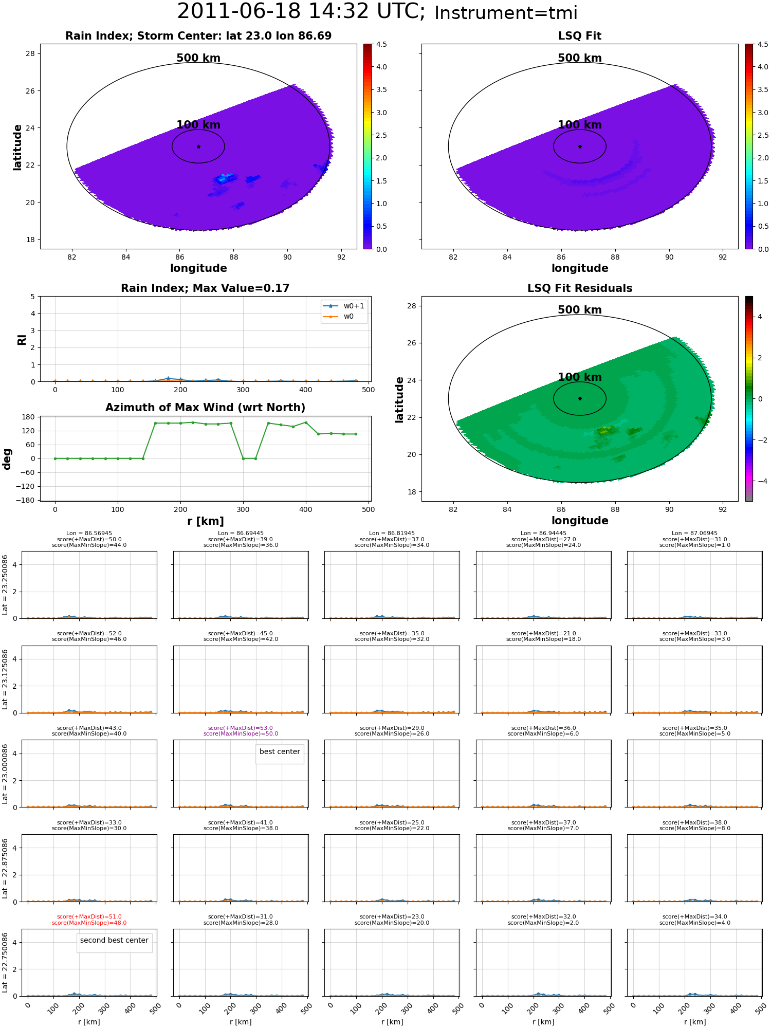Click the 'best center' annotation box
[280, 754]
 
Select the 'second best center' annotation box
[114, 943]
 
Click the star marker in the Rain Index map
[198, 146]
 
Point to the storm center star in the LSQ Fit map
[580, 146]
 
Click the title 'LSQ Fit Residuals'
[580, 288]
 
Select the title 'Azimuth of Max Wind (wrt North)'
[205, 408]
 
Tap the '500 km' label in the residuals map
[580, 310]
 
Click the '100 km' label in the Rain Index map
[198, 125]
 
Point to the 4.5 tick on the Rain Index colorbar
[381, 44]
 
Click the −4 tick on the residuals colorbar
[760, 481]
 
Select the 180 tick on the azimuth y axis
[28, 417]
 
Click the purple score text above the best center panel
[241, 731]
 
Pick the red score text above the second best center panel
[89, 920]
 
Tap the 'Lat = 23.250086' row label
[5, 584]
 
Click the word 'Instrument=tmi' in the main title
[506, 13]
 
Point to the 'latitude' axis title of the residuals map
[399, 399]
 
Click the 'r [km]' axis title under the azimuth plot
[205, 521]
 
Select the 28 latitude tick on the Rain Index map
[30, 53]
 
